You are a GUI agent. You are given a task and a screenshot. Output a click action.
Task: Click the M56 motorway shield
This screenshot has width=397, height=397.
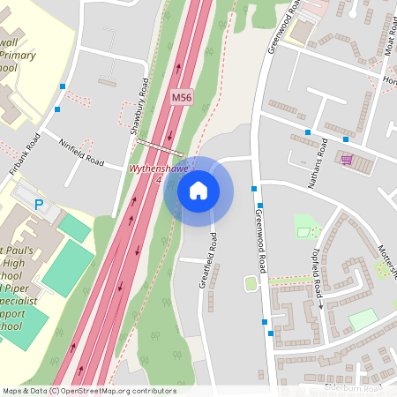pyautogui.click(x=182, y=94)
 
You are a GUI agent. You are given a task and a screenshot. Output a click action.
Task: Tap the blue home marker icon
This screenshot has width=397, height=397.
pyautogui.click(x=198, y=190)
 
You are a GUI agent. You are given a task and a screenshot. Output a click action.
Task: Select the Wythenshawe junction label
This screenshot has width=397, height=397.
pyautogui.click(x=160, y=168)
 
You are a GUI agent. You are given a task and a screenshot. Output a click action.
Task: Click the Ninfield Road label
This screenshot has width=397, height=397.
pyautogui.click(x=81, y=154)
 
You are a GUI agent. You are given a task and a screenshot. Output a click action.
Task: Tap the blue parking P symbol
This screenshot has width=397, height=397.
pyautogui.click(x=38, y=205)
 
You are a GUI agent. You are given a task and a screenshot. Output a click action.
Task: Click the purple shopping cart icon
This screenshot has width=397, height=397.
pyautogui.click(x=347, y=160)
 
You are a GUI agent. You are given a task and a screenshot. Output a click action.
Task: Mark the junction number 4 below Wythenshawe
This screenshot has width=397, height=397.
pyautogui.click(x=159, y=179)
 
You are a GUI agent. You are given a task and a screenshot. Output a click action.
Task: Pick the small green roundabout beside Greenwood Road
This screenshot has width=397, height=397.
pyautogui.click(x=251, y=283)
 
